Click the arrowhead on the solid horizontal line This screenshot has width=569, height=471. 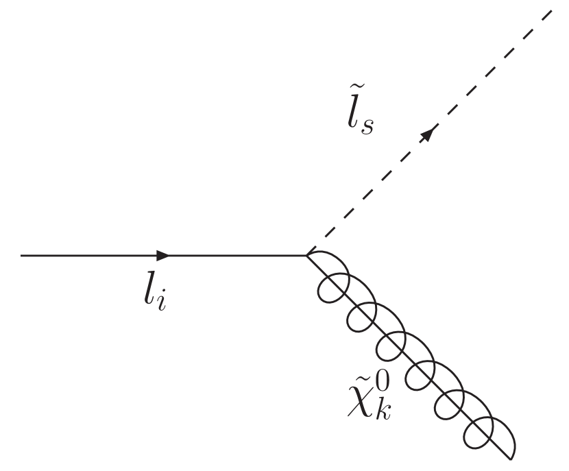[x=163, y=256]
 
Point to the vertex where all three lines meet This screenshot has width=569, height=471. [x=306, y=256]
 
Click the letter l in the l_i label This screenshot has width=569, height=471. [x=145, y=293]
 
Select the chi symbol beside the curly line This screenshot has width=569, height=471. [x=361, y=401]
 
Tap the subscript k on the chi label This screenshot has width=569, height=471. [x=381, y=410]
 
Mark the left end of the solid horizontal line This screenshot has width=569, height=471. [x=21, y=256]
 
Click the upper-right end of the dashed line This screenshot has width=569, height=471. [x=552, y=10]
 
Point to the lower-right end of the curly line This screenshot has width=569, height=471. [x=511, y=458]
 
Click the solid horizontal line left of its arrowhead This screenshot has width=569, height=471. [x=89, y=256]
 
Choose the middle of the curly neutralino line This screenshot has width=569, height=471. [x=409, y=357]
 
